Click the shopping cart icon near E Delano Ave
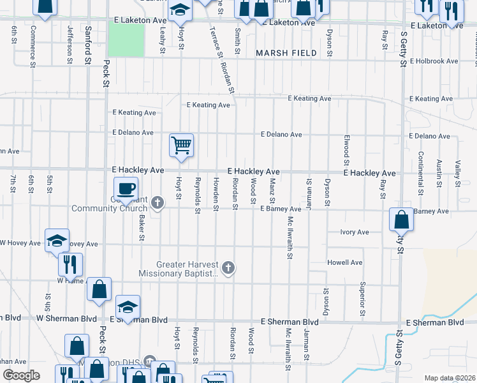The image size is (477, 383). [182, 145]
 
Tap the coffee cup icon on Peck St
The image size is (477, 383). [126, 188]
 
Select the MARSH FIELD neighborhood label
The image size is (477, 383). [282, 53]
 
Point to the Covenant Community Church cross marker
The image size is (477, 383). [158, 204]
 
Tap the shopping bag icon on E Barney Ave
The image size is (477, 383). [401, 220]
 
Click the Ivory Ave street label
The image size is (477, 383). [355, 232]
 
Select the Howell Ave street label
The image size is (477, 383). [344, 262]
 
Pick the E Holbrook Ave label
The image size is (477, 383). [434, 61]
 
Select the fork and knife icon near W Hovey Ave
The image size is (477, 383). [70, 264]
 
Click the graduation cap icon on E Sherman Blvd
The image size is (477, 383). [128, 306]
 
